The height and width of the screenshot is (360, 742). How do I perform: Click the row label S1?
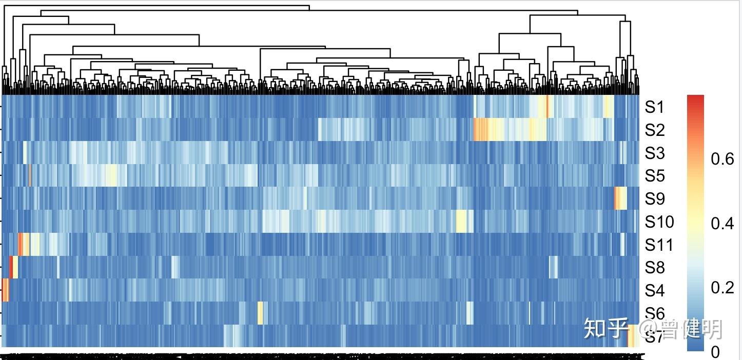[654, 107]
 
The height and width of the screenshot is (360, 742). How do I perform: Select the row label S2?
[654, 130]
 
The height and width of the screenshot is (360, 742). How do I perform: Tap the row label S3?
[654, 153]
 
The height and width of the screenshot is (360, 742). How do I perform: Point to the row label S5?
[654, 176]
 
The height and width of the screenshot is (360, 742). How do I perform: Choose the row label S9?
[654, 199]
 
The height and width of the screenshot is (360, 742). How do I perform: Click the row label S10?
[659, 222]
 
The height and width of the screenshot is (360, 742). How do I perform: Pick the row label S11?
[658, 245]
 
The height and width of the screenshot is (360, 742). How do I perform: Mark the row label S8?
[654, 268]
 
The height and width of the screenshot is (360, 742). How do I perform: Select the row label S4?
[654, 291]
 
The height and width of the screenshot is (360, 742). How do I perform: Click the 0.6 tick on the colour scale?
[722, 159]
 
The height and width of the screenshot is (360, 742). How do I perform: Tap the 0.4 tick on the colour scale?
[722, 224]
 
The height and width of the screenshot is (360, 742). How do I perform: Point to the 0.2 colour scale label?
[722, 288]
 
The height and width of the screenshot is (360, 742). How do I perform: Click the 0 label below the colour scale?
[715, 352]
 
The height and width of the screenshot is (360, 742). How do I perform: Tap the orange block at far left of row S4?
[5, 290]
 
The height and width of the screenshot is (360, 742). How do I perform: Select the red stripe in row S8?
[11, 267]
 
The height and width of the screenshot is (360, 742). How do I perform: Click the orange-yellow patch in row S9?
[619, 198]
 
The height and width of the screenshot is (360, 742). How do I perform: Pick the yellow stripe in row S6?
[260, 313]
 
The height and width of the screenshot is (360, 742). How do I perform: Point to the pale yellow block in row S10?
[461, 221]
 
